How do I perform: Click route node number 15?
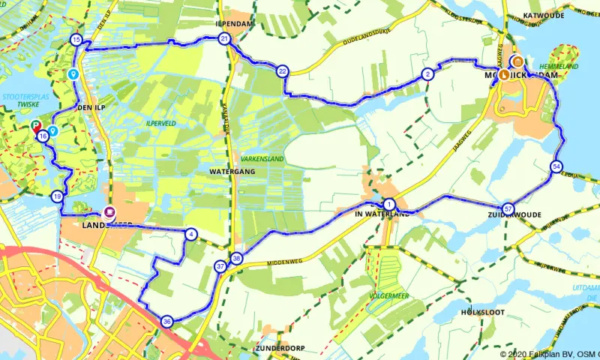[x=76, y=40]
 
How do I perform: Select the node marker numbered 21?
[x=224, y=38]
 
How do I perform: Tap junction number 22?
[x=282, y=71]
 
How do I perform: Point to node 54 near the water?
[x=556, y=166]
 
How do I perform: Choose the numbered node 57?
[x=508, y=208]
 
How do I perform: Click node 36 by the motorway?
[x=166, y=322]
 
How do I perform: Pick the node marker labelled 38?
[x=237, y=259]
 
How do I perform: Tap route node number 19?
[x=58, y=196]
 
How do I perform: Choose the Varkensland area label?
[x=262, y=159]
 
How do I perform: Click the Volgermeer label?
[x=387, y=296]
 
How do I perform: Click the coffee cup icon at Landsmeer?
[x=110, y=213]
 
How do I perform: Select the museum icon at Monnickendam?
[x=517, y=61]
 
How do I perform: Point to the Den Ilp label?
[x=88, y=108]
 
